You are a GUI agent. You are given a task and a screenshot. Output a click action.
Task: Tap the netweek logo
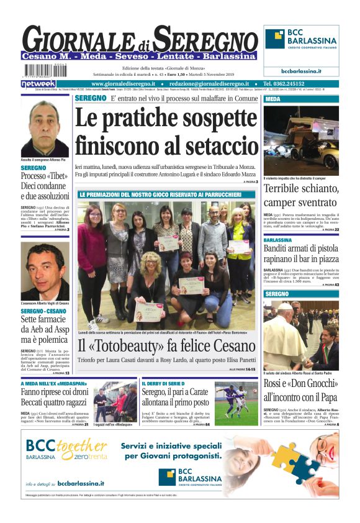click(x=38, y=83)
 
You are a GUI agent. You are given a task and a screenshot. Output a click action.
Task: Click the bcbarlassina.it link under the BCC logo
click(x=301, y=71)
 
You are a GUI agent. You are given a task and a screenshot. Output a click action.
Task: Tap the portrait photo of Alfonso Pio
click(x=45, y=129)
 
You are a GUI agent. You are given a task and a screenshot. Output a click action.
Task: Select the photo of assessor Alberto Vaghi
click(x=45, y=271)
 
